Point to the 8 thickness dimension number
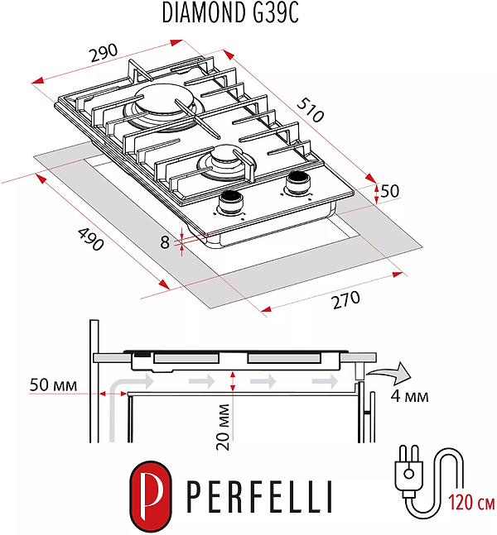(x=165, y=242)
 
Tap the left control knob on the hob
(x=230, y=201)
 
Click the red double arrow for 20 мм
(x=234, y=381)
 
